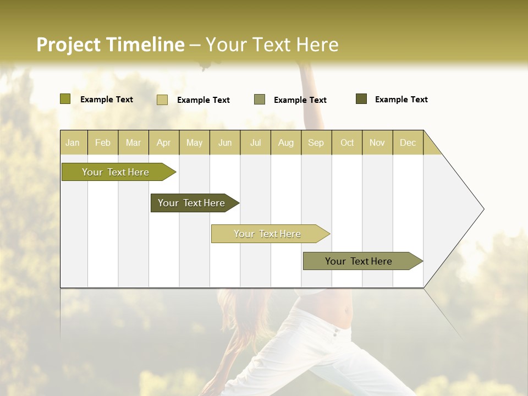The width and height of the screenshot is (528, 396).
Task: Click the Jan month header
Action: (x=73, y=142)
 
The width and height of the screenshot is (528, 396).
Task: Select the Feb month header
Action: (x=103, y=142)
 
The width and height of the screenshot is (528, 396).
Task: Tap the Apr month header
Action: (x=164, y=142)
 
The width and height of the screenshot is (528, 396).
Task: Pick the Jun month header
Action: (x=225, y=142)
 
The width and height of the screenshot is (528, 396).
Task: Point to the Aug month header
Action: (x=286, y=142)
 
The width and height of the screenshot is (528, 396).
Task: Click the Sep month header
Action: (x=316, y=142)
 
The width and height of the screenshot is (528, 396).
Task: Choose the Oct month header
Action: (x=347, y=142)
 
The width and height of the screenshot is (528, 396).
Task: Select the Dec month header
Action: (x=408, y=142)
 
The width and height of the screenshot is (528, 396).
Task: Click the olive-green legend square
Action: (x=65, y=99)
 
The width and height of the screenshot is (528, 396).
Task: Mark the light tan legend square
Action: (x=162, y=100)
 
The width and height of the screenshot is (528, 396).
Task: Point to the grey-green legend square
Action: (x=260, y=100)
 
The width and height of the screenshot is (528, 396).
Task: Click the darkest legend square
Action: (x=361, y=99)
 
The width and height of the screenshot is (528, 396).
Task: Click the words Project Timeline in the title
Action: (x=110, y=45)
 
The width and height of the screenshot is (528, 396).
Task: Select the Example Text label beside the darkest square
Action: (x=401, y=100)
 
